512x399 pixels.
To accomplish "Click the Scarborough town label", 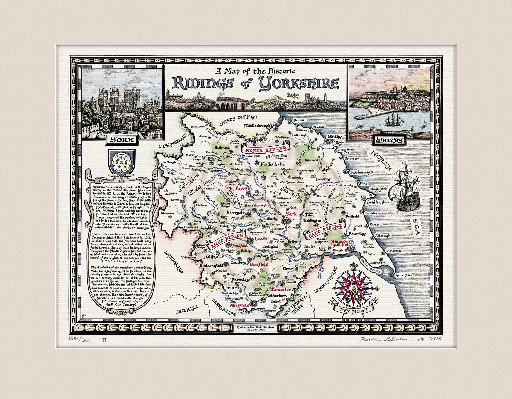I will pos(361,172).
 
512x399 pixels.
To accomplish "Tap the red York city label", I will pos(291,214).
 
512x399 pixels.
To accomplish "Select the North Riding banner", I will pos(265,149).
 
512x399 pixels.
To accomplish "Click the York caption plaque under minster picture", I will pos(121,140).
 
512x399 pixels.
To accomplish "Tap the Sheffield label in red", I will pos(239,306).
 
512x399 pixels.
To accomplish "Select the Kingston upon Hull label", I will pos(340,243).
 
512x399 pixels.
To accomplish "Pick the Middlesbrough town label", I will pos(257,126).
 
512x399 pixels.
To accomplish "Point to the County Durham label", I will pos(238,120).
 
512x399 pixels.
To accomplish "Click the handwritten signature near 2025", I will pos(385,339).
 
